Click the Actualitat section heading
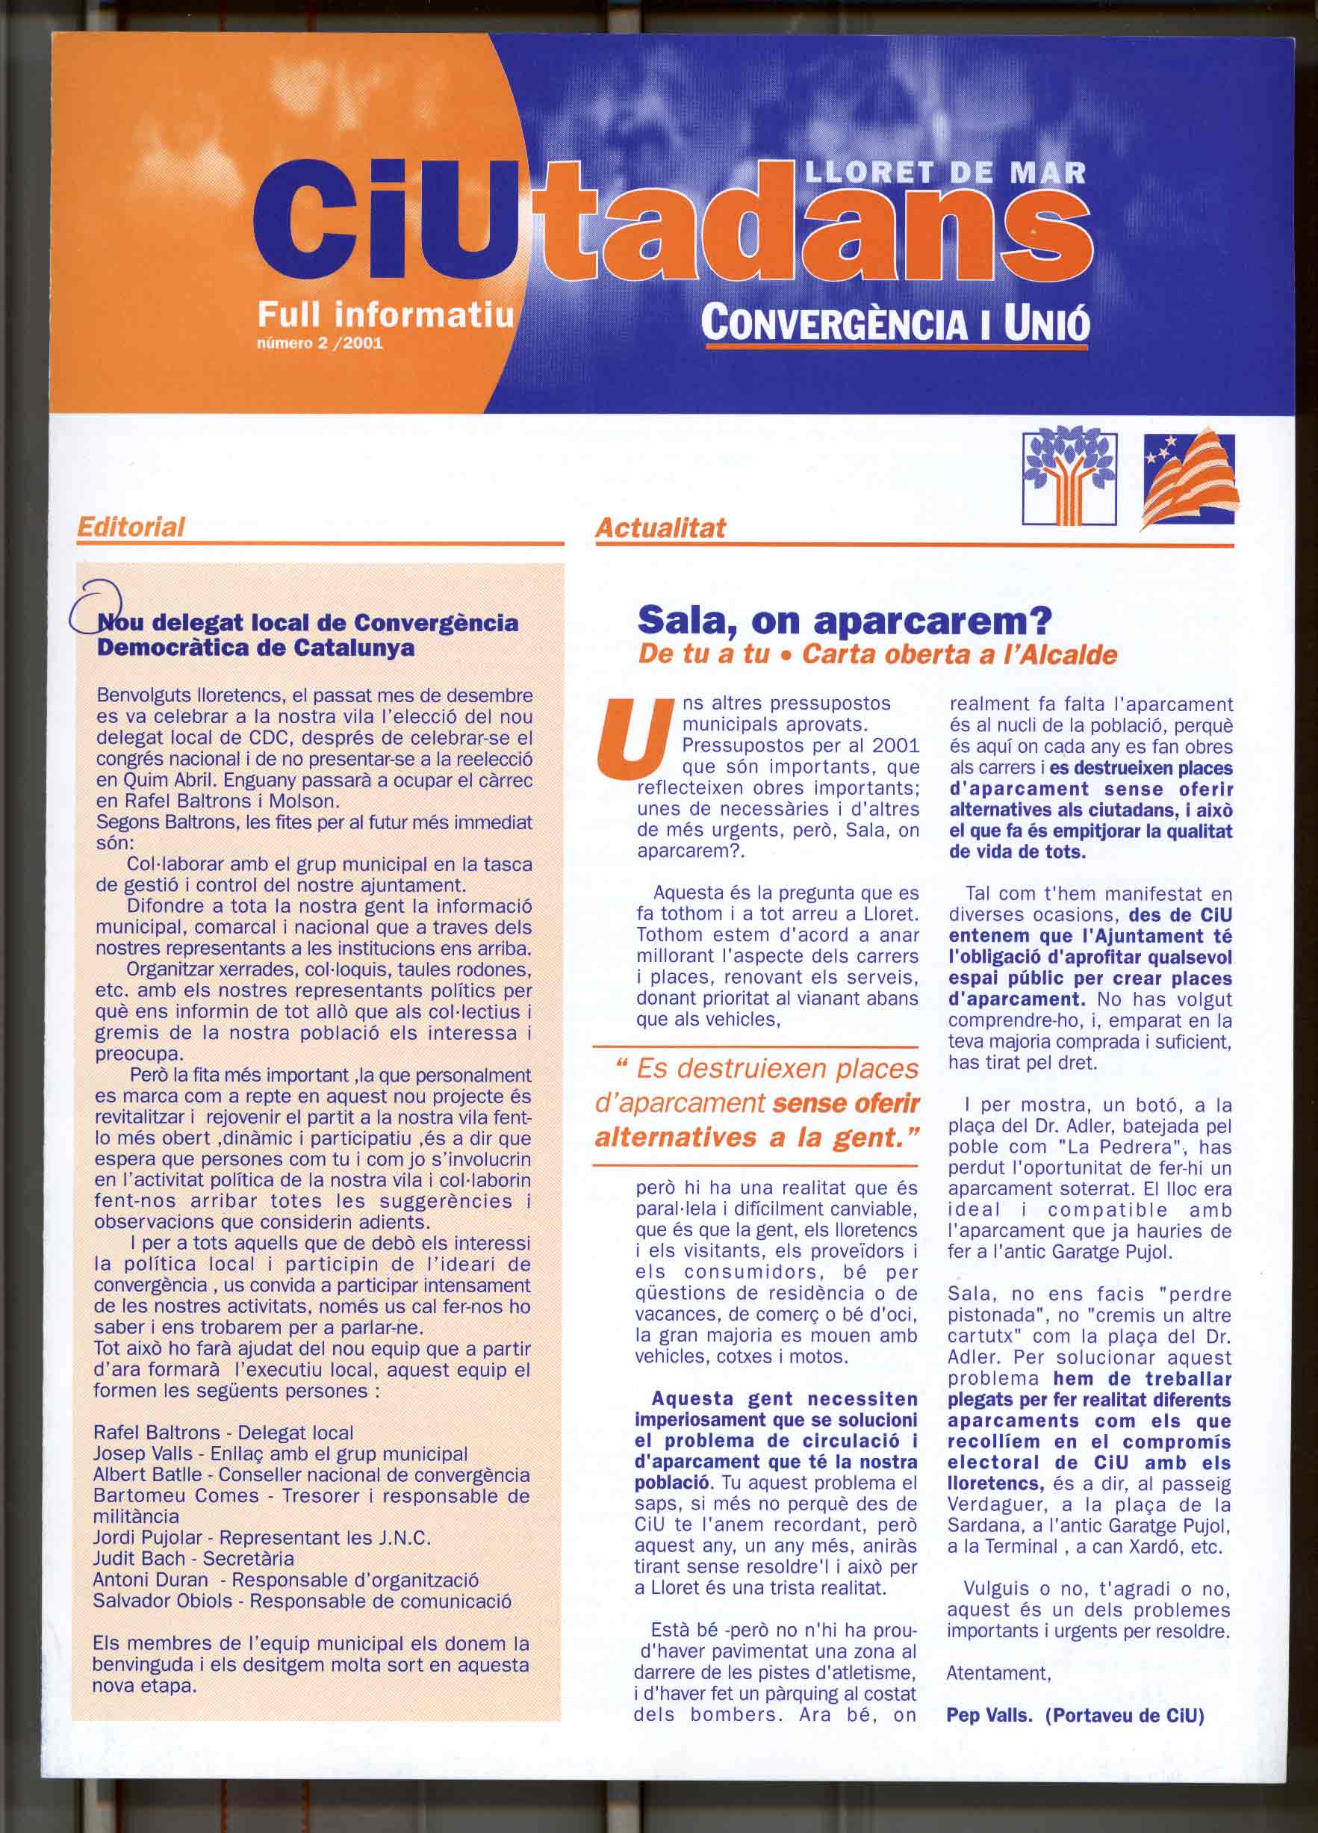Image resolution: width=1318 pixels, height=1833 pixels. click(x=660, y=528)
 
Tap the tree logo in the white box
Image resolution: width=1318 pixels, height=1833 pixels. click(x=1069, y=477)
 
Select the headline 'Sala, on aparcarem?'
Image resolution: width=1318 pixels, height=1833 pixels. click(x=844, y=620)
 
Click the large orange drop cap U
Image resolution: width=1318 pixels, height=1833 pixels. click(x=627, y=736)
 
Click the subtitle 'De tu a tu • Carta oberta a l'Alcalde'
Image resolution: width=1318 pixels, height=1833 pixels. click(x=877, y=654)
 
